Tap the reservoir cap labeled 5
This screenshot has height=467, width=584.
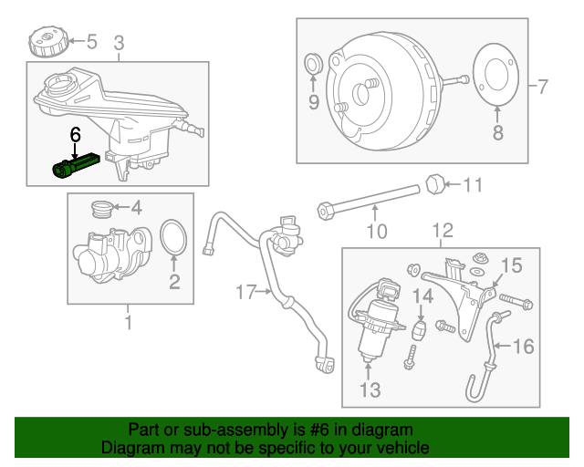pos(45,42)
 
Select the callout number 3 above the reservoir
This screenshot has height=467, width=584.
pos(119,43)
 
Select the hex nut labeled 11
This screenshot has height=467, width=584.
pos(436,185)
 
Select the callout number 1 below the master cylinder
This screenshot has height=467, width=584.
pos(128,321)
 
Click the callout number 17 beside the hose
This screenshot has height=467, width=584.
pos(245,292)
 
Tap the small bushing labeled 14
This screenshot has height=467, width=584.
pos(422,327)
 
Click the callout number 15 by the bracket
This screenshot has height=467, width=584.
pos(511,265)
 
